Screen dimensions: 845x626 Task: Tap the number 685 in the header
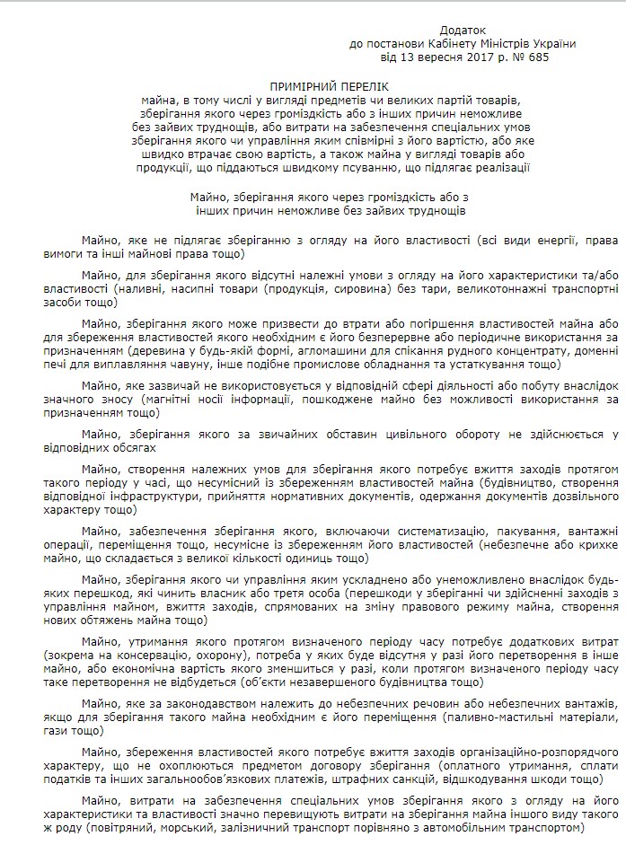coord(536,57)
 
